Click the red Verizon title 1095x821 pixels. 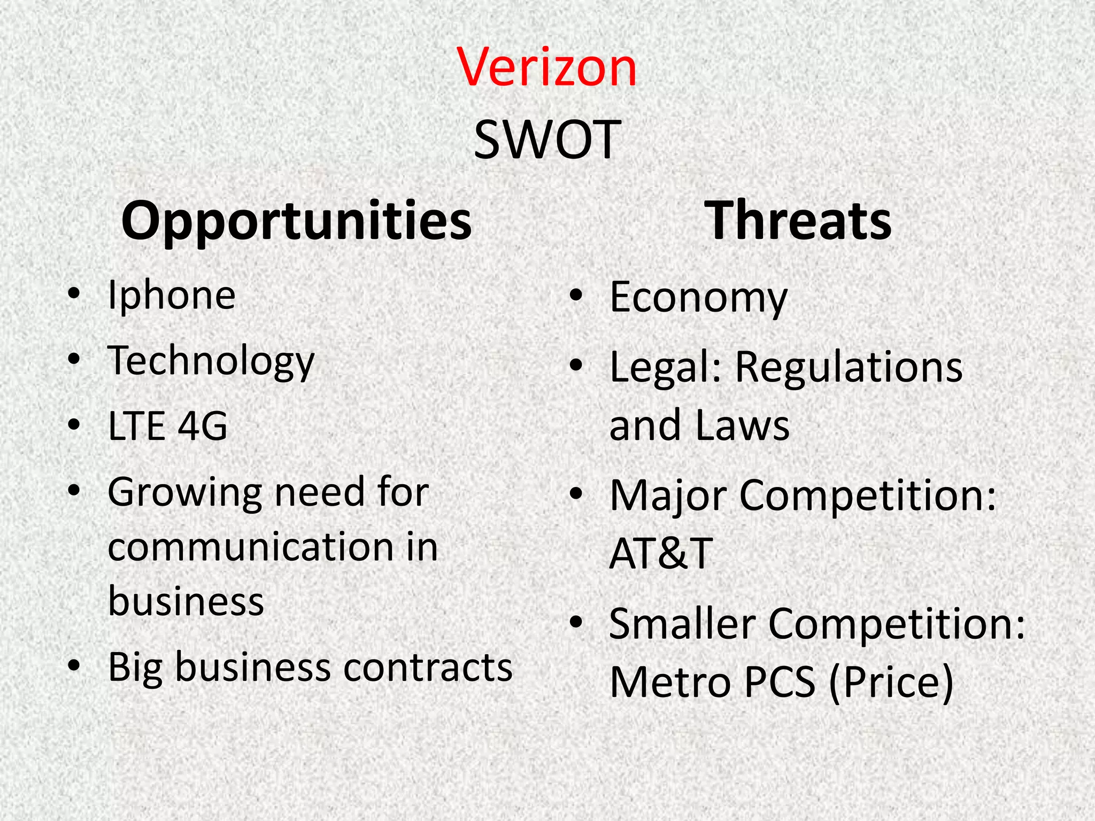click(547, 68)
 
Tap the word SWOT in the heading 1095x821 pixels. click(547, 140)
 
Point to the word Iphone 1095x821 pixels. click(171, 295)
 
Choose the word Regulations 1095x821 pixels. click(849, 367)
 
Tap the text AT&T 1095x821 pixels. click(661, 553)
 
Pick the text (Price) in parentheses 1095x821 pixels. click(891, 682)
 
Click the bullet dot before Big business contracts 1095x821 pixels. click(74, 666)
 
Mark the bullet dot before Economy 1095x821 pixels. click(576, 296)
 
